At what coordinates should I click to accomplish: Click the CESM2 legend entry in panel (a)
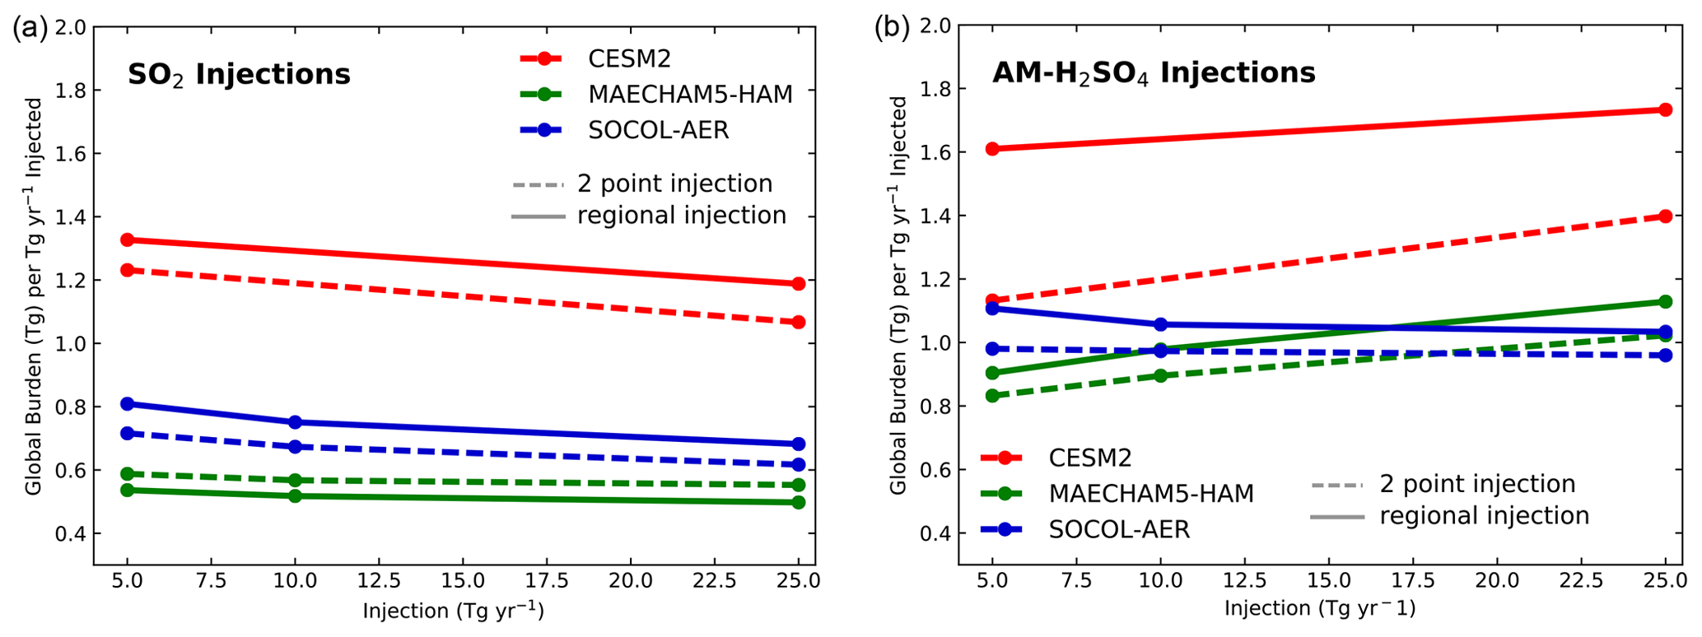click(629, 58)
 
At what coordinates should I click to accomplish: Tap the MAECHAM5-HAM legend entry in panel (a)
click(690, 95)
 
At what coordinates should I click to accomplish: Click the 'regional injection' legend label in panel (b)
click(1484, 516)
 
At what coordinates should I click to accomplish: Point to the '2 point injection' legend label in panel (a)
click(674, 184)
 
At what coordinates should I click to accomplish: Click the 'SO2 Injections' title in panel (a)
click(239, 75)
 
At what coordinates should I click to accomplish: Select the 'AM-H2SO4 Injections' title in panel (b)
click(1153, 73)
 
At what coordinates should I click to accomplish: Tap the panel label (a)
click(30, 29)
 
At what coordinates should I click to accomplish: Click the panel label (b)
click(892, 29)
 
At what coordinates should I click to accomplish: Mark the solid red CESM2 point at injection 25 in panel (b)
click(1665, 109)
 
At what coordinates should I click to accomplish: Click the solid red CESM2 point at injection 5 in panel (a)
click(128, 240)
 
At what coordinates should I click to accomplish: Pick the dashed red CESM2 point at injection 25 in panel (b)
click(1665, 216)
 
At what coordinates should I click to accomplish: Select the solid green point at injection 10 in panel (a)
click(296, 495)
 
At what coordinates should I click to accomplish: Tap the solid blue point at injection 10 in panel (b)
click(1161, 324)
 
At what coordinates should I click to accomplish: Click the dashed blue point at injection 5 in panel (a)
click(128, 433)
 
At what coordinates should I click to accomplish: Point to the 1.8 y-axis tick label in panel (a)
click(70, 91)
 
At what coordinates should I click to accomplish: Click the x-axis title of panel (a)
click(453, 611)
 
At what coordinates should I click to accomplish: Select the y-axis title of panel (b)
click(899, 296)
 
